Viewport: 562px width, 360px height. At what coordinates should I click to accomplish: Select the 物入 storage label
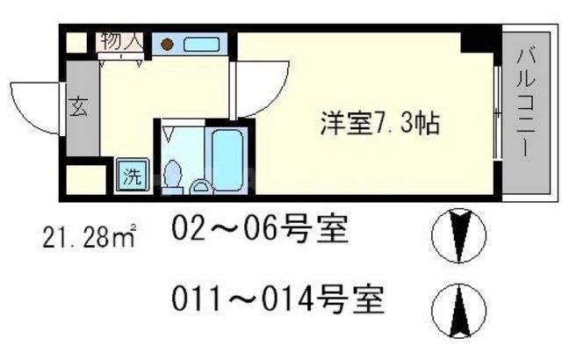[121, 40]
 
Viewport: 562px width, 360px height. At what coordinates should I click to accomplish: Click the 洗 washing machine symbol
[132, 174]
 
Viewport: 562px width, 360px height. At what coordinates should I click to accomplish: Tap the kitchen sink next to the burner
[202, 43]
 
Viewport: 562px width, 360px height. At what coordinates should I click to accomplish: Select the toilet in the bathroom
[174, 170]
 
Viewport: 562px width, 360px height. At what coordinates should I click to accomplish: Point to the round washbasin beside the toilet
[199, 185]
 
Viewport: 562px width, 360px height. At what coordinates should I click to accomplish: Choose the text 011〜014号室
[277, 303]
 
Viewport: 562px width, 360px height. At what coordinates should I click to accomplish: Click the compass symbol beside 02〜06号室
[458, 235]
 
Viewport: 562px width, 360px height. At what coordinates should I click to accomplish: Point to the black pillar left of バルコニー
[482, 40]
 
